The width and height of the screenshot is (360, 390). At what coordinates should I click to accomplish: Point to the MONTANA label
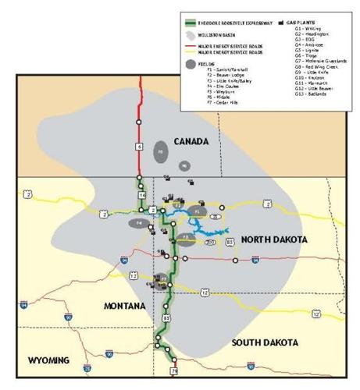click(124, 307)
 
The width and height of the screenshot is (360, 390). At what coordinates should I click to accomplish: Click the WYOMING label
click(48, 360)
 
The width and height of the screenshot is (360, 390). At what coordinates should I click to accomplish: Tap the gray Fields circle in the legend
click(191, 63)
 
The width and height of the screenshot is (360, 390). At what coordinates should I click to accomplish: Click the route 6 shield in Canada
click(139, 145)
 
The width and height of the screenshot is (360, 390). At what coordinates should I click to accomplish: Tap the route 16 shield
click(142, 195)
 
